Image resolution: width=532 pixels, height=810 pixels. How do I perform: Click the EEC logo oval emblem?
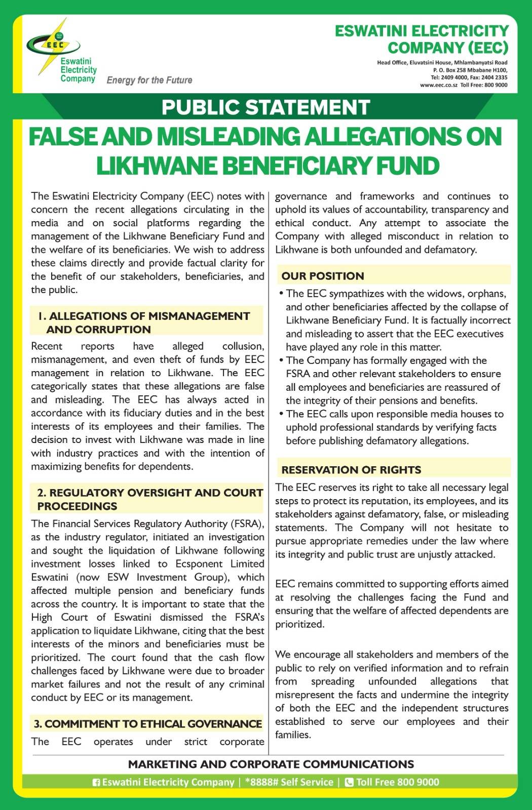54,44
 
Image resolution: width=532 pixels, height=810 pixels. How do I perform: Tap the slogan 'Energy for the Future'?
149,80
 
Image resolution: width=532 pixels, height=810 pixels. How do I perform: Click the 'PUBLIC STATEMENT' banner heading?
266,107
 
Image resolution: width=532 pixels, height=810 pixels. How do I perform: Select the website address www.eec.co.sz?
438,85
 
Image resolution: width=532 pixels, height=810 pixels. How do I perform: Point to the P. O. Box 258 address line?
470,70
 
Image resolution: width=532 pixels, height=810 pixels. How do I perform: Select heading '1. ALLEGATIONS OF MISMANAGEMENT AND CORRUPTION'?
145,322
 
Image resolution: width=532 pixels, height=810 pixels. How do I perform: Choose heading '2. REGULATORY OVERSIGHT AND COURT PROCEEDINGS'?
149,499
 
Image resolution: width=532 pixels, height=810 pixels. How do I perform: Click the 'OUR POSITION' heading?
323,276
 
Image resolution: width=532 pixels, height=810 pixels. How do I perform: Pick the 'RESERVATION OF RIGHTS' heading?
351,470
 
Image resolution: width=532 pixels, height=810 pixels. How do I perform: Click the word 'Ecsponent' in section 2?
212,563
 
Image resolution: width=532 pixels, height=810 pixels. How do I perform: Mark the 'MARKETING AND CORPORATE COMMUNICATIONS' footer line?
271,764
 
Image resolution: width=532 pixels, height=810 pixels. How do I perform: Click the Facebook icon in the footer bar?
96,782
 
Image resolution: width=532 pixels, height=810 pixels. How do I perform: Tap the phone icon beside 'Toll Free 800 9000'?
349,782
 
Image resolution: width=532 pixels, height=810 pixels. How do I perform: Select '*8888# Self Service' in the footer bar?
289,782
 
